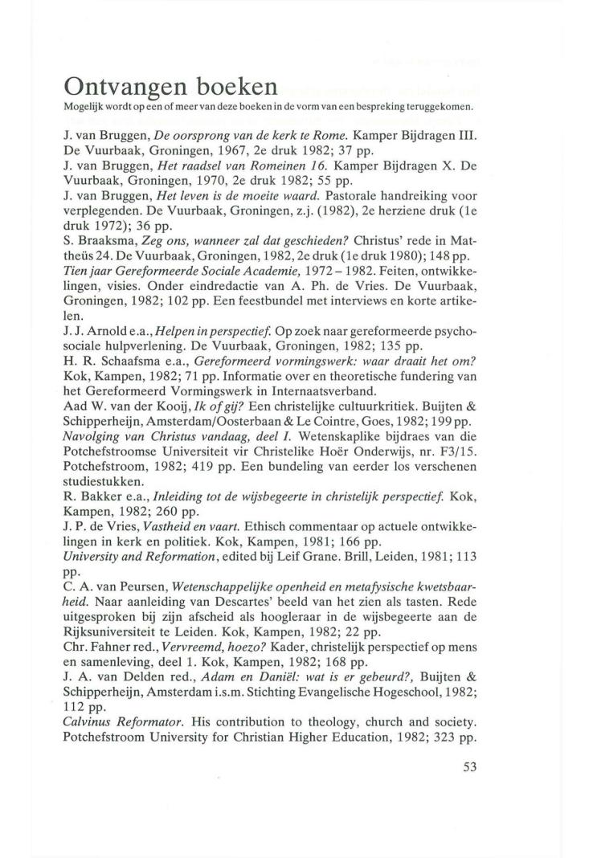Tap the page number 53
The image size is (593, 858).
(x=470, y=766)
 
